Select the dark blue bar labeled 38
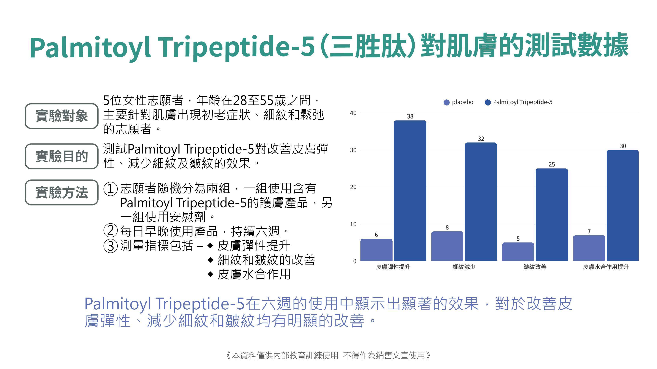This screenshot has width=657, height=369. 410,191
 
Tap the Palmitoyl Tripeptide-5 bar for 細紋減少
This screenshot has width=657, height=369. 481,202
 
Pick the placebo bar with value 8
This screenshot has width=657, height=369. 447,246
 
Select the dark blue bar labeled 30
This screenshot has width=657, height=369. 623,205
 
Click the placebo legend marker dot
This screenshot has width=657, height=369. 447,102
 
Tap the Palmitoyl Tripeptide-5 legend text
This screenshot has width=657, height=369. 523,102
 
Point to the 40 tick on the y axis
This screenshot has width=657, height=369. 353,113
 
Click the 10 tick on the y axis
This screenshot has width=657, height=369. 353,224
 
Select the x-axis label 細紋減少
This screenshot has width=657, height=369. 464,267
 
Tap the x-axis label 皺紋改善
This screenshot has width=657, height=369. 535,267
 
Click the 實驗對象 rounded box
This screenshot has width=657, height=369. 61,116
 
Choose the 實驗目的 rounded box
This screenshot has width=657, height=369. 61,156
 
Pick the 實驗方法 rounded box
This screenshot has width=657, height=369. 61,192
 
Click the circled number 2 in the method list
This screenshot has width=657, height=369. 110,231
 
